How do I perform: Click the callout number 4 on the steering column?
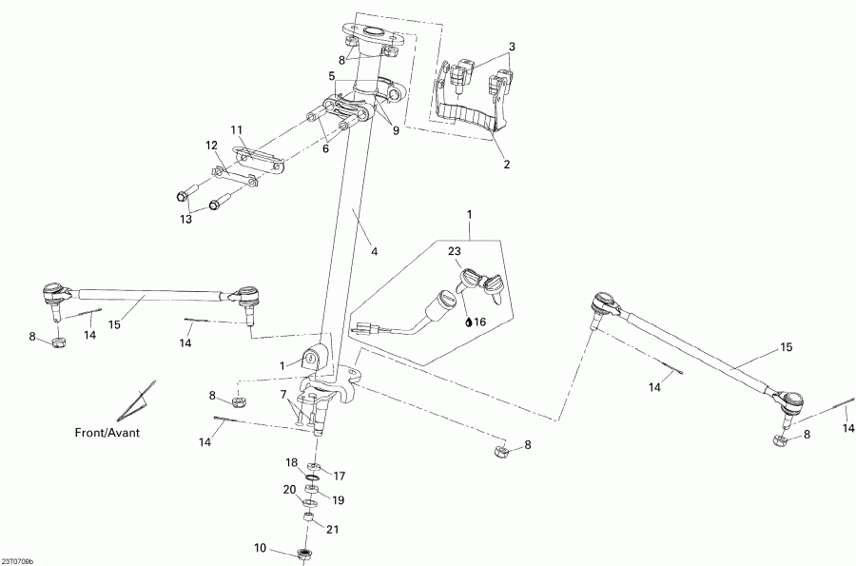click(375, 252)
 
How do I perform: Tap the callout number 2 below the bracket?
click(507, 165)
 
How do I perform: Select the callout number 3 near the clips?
click(512, 47)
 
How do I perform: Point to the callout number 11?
click(237, 128)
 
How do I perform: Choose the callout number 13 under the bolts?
click(186, 219)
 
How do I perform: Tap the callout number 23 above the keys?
click(455, 250)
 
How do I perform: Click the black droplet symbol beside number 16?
click(469, 322)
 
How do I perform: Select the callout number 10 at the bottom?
click(261, 547)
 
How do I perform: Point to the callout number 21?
click(332, 530)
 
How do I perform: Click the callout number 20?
click(290, 490)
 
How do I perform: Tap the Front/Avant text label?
click(107, 432)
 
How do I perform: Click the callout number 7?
click(282, 394)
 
